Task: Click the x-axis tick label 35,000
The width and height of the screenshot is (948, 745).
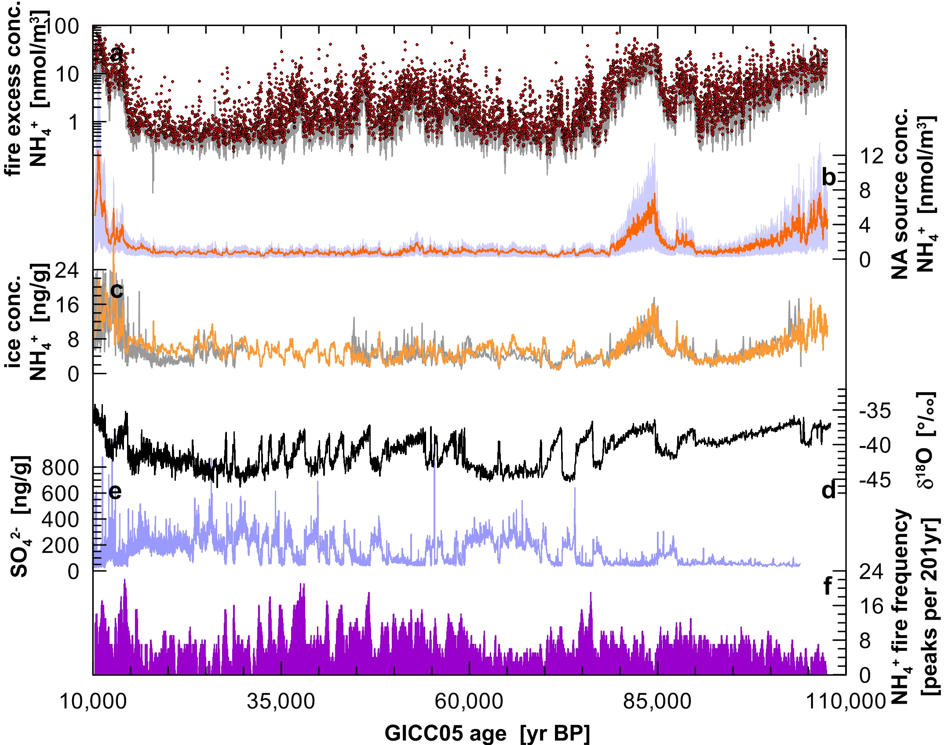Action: pyautogui.click(x=281, y=701)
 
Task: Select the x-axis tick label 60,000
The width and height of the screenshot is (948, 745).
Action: pyautogui.click(x=469, y=701)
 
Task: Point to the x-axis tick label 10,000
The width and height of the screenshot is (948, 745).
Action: pyautogui.click(x=93, y=701)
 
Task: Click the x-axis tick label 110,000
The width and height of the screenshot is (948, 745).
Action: pyautogui.click(x=845, y=701)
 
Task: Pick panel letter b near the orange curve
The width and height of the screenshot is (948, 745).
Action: pyautogui.click(x=828, y=177)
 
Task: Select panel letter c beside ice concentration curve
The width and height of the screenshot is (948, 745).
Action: pyautogui.click(x=117, y=290)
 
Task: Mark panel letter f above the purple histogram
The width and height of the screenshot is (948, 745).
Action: pyautogui.click(x=828, y=585)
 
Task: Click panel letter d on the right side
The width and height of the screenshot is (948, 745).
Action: pyautogui.click(x=828, y=490)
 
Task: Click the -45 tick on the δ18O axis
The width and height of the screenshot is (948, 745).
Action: pyautogui.click(x=875, y=480)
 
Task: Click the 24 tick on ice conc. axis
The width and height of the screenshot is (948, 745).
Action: pyautogui.click(x=66, y=270)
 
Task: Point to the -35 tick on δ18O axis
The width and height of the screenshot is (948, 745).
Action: pyautogui.click(x=875, y=411)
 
